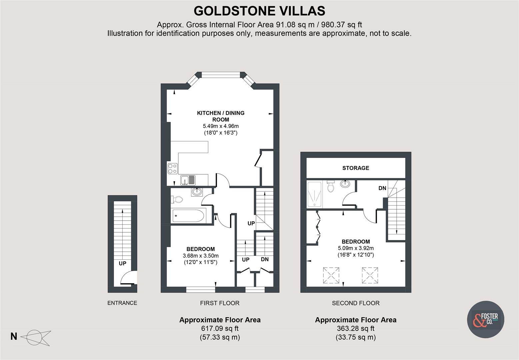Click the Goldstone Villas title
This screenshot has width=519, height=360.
coord(259,11)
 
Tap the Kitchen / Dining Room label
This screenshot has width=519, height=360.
coord(221,116)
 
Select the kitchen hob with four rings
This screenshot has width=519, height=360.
coord(172,168)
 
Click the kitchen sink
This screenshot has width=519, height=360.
coord(188,180)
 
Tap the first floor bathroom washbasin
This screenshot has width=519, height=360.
coord(197,192)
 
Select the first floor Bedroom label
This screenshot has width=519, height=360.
coord(200,249)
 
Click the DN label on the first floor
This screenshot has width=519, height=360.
coord(265,259)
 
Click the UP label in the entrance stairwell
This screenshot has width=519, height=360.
coord(122,263)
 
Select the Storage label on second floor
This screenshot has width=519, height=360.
coord(356,168)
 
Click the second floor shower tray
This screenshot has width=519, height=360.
coord(314,194)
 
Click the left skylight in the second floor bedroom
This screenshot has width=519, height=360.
coord(331,275)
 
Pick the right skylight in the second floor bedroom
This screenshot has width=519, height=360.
coord(370,275)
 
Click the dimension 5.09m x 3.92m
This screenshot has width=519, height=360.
coord(356,248)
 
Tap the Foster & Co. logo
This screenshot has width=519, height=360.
coord(485,320)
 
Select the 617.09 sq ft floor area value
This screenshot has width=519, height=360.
coord(220,329)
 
